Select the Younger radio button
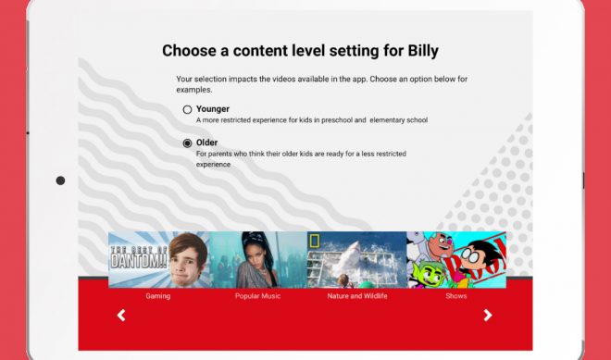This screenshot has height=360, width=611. coord(187,109)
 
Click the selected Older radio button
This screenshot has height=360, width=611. coord(187,143)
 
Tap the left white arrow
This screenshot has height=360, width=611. coord(121,316)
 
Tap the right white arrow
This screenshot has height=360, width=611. coord(488,316)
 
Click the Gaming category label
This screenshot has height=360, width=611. coord(158,296)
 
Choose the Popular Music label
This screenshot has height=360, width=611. coord(258,296)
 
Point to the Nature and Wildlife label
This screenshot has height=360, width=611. coord(356,296)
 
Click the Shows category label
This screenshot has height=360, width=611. coord(455,296)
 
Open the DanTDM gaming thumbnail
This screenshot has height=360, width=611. coord(158,259)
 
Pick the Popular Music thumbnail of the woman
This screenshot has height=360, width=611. coord(258,259)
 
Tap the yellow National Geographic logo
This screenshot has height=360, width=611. coord(315,241)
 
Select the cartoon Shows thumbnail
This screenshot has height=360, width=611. coord(456,259)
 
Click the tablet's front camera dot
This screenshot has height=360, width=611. coord(60,180)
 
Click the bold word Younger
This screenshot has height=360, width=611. coord(214,108)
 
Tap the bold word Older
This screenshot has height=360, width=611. coord(206,143)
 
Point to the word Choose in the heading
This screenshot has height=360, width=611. coord(190,51)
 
